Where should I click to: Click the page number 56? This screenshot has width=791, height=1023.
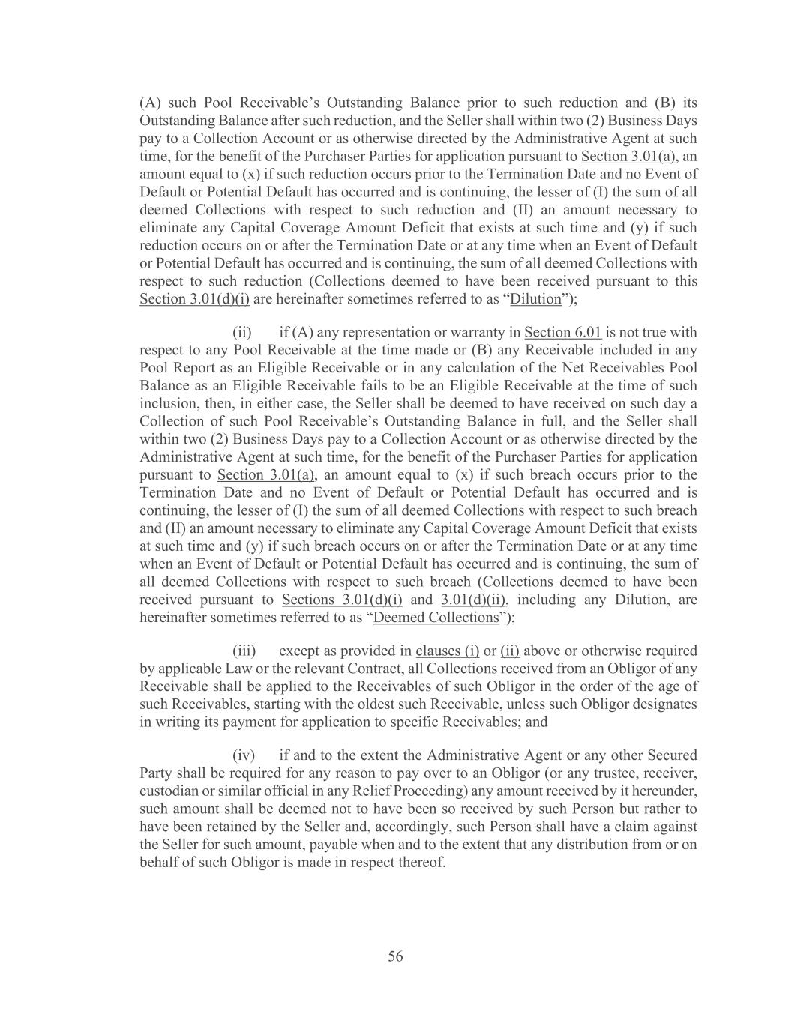point(395,956)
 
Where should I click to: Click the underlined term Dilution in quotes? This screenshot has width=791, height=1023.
point(535,299)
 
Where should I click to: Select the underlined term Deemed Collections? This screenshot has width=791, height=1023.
point(436,618)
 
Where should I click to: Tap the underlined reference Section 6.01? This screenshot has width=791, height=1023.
point(562,332)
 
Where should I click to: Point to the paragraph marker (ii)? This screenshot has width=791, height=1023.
point(242,332)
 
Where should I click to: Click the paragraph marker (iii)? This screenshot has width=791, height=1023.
point(244,651)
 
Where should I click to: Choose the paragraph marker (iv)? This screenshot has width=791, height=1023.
point(244,755)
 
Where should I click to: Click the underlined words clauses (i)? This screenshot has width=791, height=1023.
point(447,651)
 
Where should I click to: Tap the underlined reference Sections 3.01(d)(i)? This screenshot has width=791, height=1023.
point(342,600)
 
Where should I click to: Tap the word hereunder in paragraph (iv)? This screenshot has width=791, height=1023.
point(665,791)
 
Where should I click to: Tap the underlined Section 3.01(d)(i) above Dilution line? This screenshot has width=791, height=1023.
point(194,299)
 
